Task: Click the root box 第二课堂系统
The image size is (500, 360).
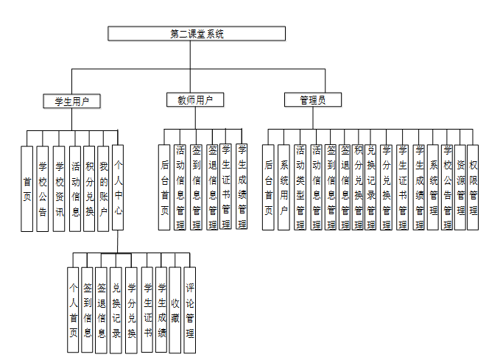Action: click(197, 34)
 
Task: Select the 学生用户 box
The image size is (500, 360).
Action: click(71, 101)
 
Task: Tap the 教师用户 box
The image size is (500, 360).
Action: click(194, 100)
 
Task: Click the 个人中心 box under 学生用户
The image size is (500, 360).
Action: click(119, 188)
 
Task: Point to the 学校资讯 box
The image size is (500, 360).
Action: click(59, 188)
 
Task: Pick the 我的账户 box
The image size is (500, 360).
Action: click(104, 188)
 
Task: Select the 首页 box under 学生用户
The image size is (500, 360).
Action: click(27, 188)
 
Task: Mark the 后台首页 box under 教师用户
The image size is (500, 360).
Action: click(165, 187)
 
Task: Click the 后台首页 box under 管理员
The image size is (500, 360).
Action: click(270, 187)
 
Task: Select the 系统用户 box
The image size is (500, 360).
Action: click(284, 187)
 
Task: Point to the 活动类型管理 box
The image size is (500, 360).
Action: click(300, 187)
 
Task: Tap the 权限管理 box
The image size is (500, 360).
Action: click(473, 187)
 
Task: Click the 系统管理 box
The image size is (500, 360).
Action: click(434, 187)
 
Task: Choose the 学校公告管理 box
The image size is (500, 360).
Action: click(447, 187)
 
